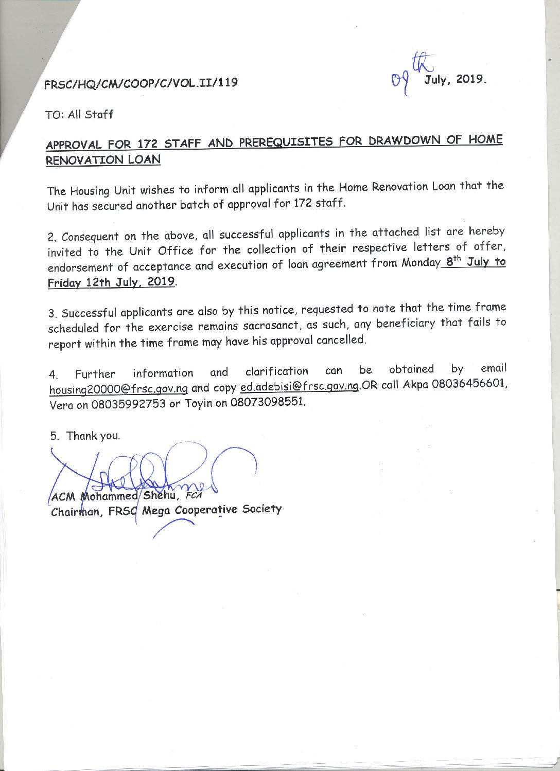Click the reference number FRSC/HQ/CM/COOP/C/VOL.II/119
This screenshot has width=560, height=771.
click(141, 83)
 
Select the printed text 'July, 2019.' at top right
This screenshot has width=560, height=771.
click(455, 80)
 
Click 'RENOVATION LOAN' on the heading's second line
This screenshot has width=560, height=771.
click(103, 160)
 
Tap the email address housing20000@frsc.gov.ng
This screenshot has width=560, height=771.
click(118, 389)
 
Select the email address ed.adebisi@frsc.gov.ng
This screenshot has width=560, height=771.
click(299, 386)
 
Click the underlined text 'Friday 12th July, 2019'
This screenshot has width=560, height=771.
click(111, 282)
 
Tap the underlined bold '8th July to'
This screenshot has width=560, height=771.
click(476, 262)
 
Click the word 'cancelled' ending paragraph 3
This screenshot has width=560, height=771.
click(339, 340)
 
